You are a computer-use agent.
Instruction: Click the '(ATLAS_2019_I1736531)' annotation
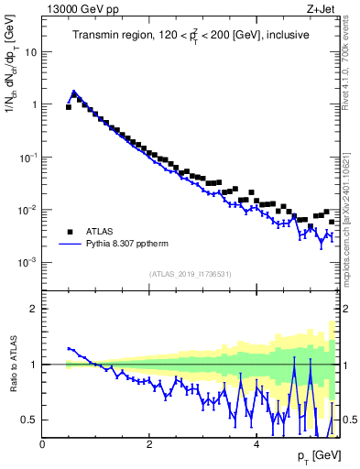point(190,274)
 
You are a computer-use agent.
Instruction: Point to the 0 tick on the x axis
point(42,444)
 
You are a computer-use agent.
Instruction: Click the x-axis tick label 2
point(149,444)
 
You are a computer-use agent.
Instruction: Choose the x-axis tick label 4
point(256,444)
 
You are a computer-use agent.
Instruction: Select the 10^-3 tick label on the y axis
point(27,262)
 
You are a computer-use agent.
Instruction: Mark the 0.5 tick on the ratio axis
point(27,420)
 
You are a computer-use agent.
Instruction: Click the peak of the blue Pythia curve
point(74,92)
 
